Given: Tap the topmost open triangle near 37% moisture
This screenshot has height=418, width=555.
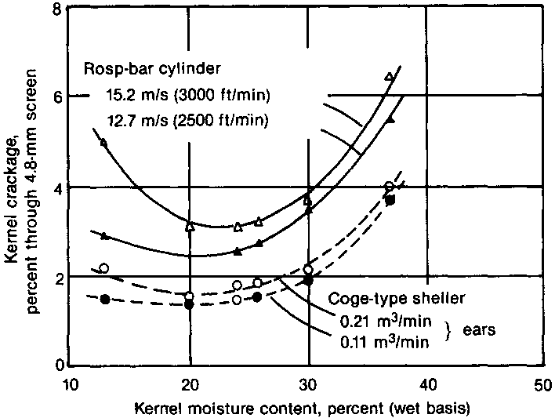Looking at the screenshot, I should click(390, 76).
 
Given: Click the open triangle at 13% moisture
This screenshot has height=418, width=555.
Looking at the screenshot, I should click(103, 142).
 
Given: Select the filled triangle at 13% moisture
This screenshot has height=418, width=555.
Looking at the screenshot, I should click(105, 235).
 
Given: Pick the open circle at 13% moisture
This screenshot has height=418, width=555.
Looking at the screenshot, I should click(104, 268).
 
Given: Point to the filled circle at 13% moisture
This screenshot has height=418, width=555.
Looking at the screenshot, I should click(105, 300).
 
